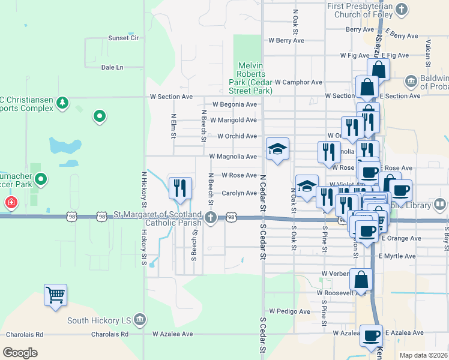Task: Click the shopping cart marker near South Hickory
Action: (55, 295)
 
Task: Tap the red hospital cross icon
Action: (11, 203)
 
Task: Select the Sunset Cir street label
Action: (123, 38)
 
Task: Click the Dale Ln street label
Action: (112, 67)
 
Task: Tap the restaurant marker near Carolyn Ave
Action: (180, 188)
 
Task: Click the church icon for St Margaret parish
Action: (210, 217)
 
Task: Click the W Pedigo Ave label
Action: (289, 311)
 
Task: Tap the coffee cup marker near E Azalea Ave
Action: (371, 335)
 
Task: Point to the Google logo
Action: (20, 353)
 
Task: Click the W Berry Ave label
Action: (286, 41)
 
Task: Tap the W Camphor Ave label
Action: (298, 82)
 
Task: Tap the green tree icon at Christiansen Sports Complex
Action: (62, 103)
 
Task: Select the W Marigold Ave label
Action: (229, 120)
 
